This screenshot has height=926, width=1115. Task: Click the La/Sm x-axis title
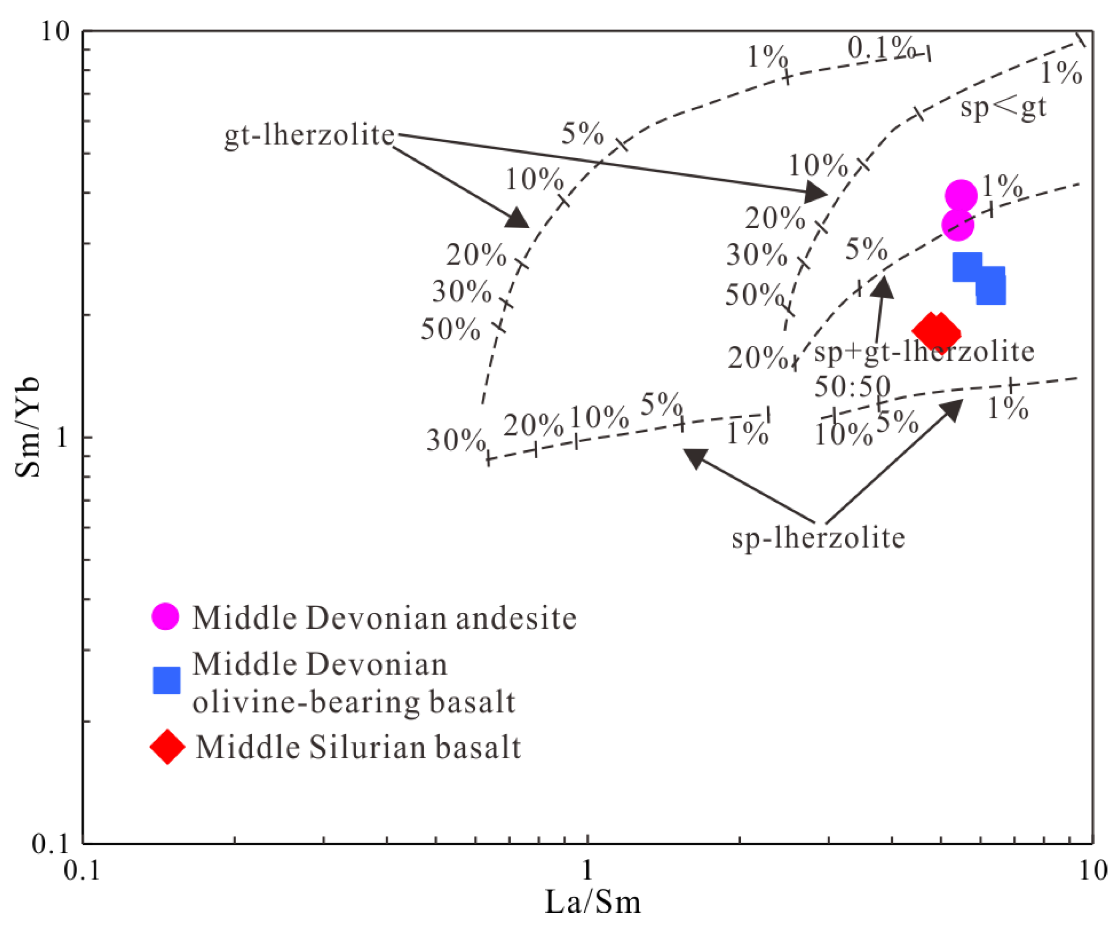(592, 902)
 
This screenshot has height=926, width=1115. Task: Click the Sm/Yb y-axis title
(27, 428)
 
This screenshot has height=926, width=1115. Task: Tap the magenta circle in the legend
(166, 617)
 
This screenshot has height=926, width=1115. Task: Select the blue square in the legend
(167, 680)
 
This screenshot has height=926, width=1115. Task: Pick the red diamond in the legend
(168, 746)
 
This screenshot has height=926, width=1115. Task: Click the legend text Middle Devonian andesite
(385, 618)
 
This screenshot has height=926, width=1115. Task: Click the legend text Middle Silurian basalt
(359, 747)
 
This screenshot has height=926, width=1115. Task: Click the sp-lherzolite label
(818, 538)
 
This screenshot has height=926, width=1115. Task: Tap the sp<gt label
(1003, 107)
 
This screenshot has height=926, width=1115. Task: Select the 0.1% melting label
(879, 48)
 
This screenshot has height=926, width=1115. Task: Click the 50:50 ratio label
(852, 386)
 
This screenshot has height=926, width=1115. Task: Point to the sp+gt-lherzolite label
(924, 352)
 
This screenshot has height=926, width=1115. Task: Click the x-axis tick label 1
(587, 870)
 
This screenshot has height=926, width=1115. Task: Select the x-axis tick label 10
(1093, 870)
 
